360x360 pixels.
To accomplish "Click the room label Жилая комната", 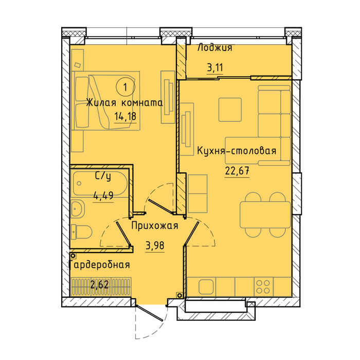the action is point(124,103).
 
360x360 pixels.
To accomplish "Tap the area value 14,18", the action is point(125,116).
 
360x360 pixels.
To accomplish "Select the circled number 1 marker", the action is point(125,87).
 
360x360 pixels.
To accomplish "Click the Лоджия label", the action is point(215,48).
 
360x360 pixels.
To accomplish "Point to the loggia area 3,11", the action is point(215,68).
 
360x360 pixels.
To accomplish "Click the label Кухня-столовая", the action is point(237,151).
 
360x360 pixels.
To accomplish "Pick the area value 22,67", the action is point(237,171).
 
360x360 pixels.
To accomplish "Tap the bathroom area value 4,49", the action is point(103,196).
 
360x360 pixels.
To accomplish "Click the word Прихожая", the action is point(155,225).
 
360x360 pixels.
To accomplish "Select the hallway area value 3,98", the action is point(155,246).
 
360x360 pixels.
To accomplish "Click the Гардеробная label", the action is point(99,264).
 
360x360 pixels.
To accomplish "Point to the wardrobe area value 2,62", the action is point(99,285).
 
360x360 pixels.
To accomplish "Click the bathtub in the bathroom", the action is point(100,184).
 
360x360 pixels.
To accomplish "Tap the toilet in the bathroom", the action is point(81,232).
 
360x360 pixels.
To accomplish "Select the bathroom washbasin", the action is point(78,209).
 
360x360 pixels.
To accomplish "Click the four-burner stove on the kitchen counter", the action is point(263,287).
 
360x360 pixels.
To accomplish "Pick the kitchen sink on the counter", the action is point(206,287).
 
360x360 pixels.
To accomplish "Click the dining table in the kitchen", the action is point(265,214).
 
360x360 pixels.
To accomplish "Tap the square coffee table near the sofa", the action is point(230,110).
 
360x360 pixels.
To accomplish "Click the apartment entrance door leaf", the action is point(150,313).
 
